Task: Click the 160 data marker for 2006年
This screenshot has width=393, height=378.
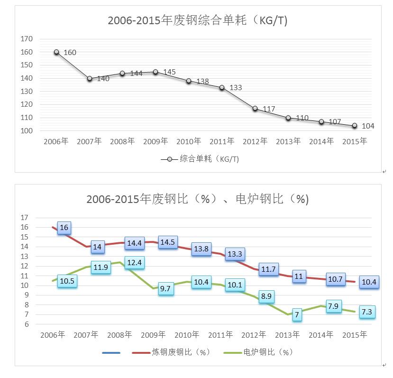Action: click(x=56, y=52)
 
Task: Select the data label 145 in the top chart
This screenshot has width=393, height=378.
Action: click(x=169, y=72)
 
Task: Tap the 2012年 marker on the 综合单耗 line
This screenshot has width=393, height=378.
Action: click(x=255, y=109)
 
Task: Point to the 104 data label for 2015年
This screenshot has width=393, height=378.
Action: click(x=368, y=126)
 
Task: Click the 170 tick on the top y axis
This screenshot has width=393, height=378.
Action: click(x=27, y=39)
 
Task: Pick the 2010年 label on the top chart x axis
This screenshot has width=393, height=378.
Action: click(x=189, y=141)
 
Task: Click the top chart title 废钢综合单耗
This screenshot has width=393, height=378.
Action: click(x=198, y=21)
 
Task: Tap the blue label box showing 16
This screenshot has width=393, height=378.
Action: click(x=64, y=228)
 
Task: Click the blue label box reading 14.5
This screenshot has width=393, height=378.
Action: click(x=167, y=242)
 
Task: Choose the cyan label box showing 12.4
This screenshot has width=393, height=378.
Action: click(x=134, y=263)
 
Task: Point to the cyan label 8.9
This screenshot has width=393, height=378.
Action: click(x=266, y=296)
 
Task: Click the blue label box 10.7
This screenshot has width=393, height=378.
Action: click(x=335, y=279)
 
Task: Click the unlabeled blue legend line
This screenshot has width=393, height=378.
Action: click(x=111, y=352)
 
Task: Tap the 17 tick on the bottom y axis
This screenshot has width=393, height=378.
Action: click(x=25, y=218)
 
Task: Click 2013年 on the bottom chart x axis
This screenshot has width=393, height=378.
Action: click(x=288, y=335)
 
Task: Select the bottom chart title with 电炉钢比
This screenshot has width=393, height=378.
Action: click(x=197, y=199)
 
